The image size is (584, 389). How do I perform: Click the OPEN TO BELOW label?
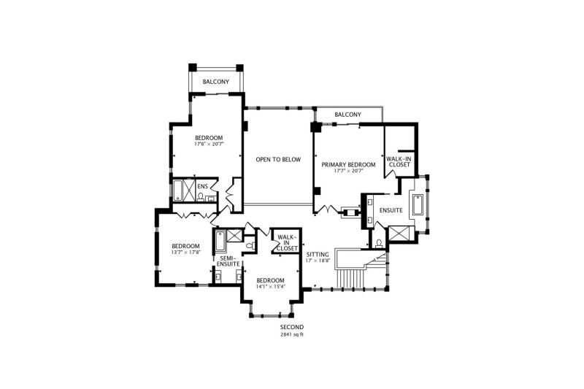point(278,159)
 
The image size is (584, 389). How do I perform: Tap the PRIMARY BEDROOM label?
point(348,164)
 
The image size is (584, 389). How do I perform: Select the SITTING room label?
point(318,255)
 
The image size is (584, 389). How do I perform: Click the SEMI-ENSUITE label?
point(228,261)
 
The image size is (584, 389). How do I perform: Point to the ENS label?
point(203,186)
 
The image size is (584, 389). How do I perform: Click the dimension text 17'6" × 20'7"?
point(209,143)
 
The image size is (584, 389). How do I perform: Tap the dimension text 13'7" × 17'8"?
point(186,252)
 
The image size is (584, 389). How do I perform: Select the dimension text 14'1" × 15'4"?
point(270,287)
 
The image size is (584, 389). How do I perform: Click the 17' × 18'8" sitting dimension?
point(318,261)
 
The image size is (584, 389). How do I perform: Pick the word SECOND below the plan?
point(292,327)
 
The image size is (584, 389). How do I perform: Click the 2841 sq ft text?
point(292,334)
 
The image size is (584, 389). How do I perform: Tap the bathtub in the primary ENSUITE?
point(417,204)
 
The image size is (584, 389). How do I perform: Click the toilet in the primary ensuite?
point(379,244)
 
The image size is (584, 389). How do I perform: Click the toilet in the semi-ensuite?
point(251,246)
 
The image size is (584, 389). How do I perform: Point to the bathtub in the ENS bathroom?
point(177,191)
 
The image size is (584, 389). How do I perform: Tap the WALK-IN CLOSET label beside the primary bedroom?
point(399,161)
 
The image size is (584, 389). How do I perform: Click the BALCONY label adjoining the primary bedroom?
point(348,115)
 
